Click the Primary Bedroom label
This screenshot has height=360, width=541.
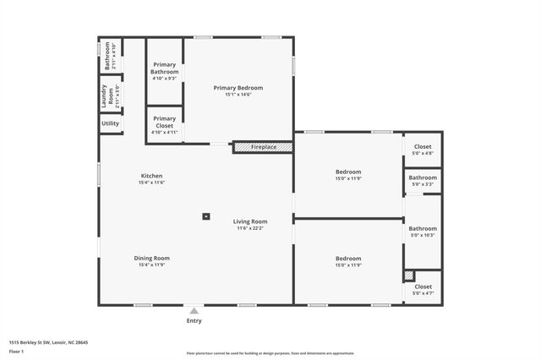238,88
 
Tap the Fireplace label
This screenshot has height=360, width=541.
263,147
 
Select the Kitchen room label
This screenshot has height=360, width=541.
151,176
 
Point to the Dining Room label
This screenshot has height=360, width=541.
151,258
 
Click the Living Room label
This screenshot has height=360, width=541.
251,221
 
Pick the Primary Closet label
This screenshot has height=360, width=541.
164,119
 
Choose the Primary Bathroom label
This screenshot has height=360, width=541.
164,68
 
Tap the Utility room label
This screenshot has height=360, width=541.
111,123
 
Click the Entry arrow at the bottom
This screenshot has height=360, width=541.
194,310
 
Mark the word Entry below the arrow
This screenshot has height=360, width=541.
194,321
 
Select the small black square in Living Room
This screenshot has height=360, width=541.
205,215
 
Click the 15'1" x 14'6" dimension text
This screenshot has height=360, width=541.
238,95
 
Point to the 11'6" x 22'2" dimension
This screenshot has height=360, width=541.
251,228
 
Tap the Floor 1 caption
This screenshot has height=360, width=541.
15,351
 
